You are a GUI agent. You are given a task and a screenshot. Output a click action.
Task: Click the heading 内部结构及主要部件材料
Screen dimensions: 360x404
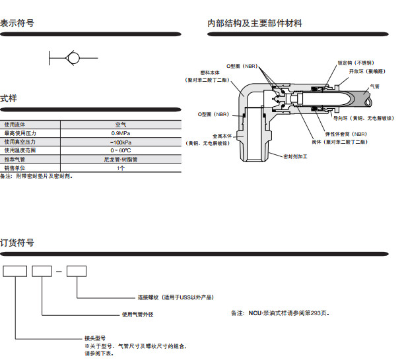255,23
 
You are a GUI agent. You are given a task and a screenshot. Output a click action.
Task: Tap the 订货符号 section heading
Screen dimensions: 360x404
17,243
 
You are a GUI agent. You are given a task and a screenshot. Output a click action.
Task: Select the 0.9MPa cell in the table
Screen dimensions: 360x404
120,133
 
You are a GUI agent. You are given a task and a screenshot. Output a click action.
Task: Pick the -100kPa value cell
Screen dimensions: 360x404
120,142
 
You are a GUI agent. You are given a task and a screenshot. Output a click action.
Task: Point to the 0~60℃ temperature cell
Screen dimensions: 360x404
120,150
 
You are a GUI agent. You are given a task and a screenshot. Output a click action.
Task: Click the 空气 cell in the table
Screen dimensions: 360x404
120,124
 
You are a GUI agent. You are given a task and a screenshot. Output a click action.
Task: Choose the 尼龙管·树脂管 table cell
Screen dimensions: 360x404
120,160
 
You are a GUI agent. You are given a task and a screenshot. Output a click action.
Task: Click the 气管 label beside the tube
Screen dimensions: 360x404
375,86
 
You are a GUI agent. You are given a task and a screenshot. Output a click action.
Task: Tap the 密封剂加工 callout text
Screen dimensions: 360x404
295,157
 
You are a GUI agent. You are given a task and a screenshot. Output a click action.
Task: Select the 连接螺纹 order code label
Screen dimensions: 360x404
175,298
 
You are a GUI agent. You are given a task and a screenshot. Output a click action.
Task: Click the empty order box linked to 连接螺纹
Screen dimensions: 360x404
77,270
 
